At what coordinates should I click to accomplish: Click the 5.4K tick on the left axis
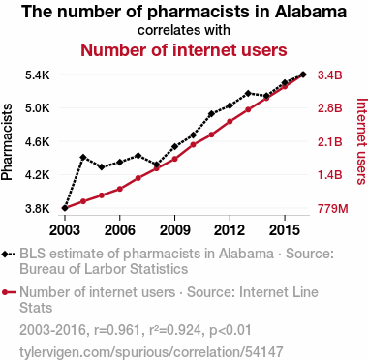(x=38, y=75)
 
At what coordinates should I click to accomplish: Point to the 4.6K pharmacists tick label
(x=38, y=142)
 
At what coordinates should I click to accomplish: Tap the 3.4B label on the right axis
(x=329, y=75)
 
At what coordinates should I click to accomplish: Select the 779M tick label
(x=333, y=209)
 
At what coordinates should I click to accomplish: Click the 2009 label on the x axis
(x=174, y=230)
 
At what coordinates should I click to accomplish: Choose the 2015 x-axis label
(x=285, y=230)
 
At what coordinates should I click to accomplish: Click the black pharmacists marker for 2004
(x=83, y=157)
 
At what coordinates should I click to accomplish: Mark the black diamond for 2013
(x=248, y=93)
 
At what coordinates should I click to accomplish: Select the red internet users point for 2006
(x=120, y=189)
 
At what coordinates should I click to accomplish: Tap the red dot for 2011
(x=211, y=135)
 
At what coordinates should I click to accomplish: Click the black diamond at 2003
(x=65, y=208)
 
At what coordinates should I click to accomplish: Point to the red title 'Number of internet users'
(x=184, y=50)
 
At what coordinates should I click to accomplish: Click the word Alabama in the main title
(x=311, y=12)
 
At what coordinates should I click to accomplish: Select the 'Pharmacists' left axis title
(x=7, y=142)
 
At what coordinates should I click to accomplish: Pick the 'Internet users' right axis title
(x=362, y=141)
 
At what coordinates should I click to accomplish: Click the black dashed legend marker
(x=9, y=254)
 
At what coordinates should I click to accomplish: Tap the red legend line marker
(x=9, y=292)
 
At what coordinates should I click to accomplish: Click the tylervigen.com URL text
(x=151, y=352)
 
